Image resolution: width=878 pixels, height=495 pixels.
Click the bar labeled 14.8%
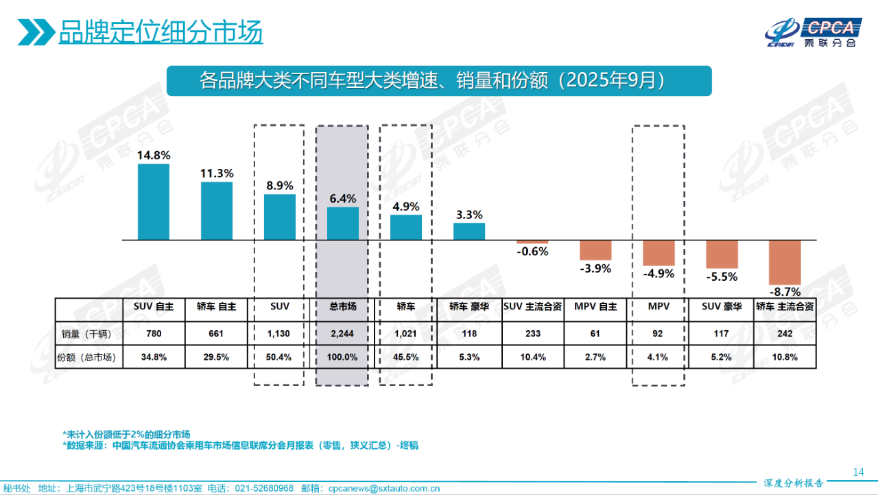(153, 202)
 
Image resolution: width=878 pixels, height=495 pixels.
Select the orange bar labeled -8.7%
(785, 262)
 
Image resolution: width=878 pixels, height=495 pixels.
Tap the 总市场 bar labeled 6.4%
(342, 223)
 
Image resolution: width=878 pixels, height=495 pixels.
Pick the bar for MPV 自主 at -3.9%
(595, 250)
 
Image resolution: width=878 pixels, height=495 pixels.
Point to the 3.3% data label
(469, 214)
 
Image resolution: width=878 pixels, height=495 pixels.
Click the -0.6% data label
(532, 251)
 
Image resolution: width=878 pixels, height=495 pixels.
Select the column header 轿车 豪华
(469, 307)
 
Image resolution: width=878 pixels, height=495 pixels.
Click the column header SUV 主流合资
(532, 307)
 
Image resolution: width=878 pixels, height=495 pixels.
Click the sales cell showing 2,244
(342, 334)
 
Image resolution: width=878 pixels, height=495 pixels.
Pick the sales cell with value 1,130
(280, 334)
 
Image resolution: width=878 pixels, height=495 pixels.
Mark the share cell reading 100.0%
(342, 357)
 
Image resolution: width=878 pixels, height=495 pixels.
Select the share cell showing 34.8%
(153, 357)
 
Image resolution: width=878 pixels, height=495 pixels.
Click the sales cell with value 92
(658, 334)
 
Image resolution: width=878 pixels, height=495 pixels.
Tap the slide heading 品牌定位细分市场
(161, 32)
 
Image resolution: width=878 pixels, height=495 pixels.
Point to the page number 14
(858, 472)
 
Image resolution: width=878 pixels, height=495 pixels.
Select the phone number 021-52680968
(264, 488)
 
